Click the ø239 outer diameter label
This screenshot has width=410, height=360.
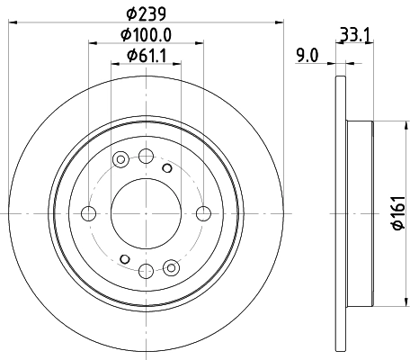pyautogui.click(x=145, y=14)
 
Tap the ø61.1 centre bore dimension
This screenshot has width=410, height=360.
pyautogui.click(x=145, y=59)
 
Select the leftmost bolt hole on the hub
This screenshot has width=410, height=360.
pyautogui.click(x=88, y=213)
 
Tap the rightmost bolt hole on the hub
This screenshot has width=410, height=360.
pyautogui.click(x=203, y=213)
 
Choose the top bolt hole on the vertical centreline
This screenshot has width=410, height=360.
pyautogui.click(x=146, y=156)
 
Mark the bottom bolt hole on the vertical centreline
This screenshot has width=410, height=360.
pyautogui.click(x=146, y=270)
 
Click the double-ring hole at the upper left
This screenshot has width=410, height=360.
pyautogui.click(x=120, y=160)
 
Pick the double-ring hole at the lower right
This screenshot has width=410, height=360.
pyautogui.click(x=172, y=265)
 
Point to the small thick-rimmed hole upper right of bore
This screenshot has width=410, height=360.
pyautogui.click(x=165, y=167)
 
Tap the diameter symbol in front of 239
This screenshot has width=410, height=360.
pyautogui.click(x=129, y=14)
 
